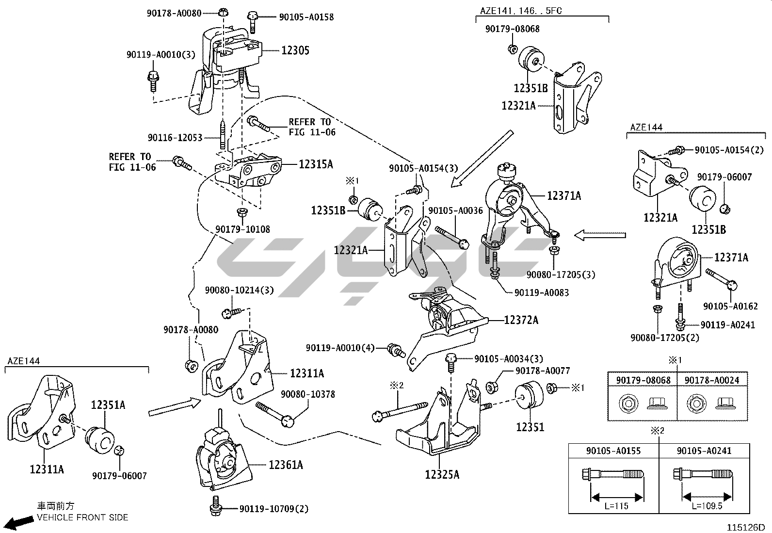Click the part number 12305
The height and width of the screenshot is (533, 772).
295,50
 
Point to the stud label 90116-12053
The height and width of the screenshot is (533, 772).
175,138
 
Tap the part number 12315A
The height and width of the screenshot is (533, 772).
316,164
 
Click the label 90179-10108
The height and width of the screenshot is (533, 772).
243,229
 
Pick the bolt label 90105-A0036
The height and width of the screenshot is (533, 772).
455,210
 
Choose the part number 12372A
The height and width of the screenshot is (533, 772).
521,320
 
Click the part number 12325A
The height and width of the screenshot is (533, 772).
442,475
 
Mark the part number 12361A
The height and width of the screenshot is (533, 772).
286,465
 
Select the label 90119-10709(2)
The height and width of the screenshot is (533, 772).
273,509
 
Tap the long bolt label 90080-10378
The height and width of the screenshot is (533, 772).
308,394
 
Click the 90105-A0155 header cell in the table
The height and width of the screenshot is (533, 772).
613,451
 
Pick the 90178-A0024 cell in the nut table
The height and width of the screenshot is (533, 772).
712,380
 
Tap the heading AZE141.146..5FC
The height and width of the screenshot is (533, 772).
521,11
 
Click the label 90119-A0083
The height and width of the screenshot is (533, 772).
542,292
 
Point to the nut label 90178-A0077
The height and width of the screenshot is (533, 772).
543,371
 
